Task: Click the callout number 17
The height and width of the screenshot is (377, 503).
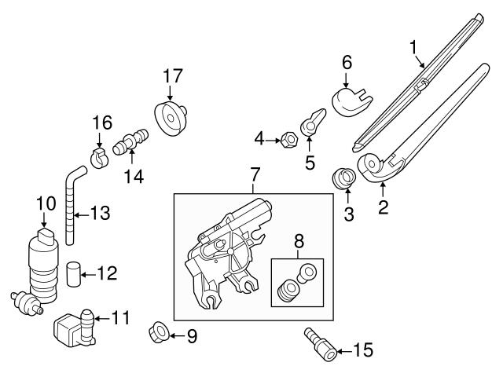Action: [x=172, y=76]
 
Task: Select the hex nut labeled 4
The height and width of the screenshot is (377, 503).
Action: [x=288, y=141]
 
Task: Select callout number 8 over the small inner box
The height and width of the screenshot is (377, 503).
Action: [x=297, y=243]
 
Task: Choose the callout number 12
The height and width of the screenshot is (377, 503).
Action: [x=108, y=273]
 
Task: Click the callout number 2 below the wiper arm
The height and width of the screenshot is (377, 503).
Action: [x=382, y=207]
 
